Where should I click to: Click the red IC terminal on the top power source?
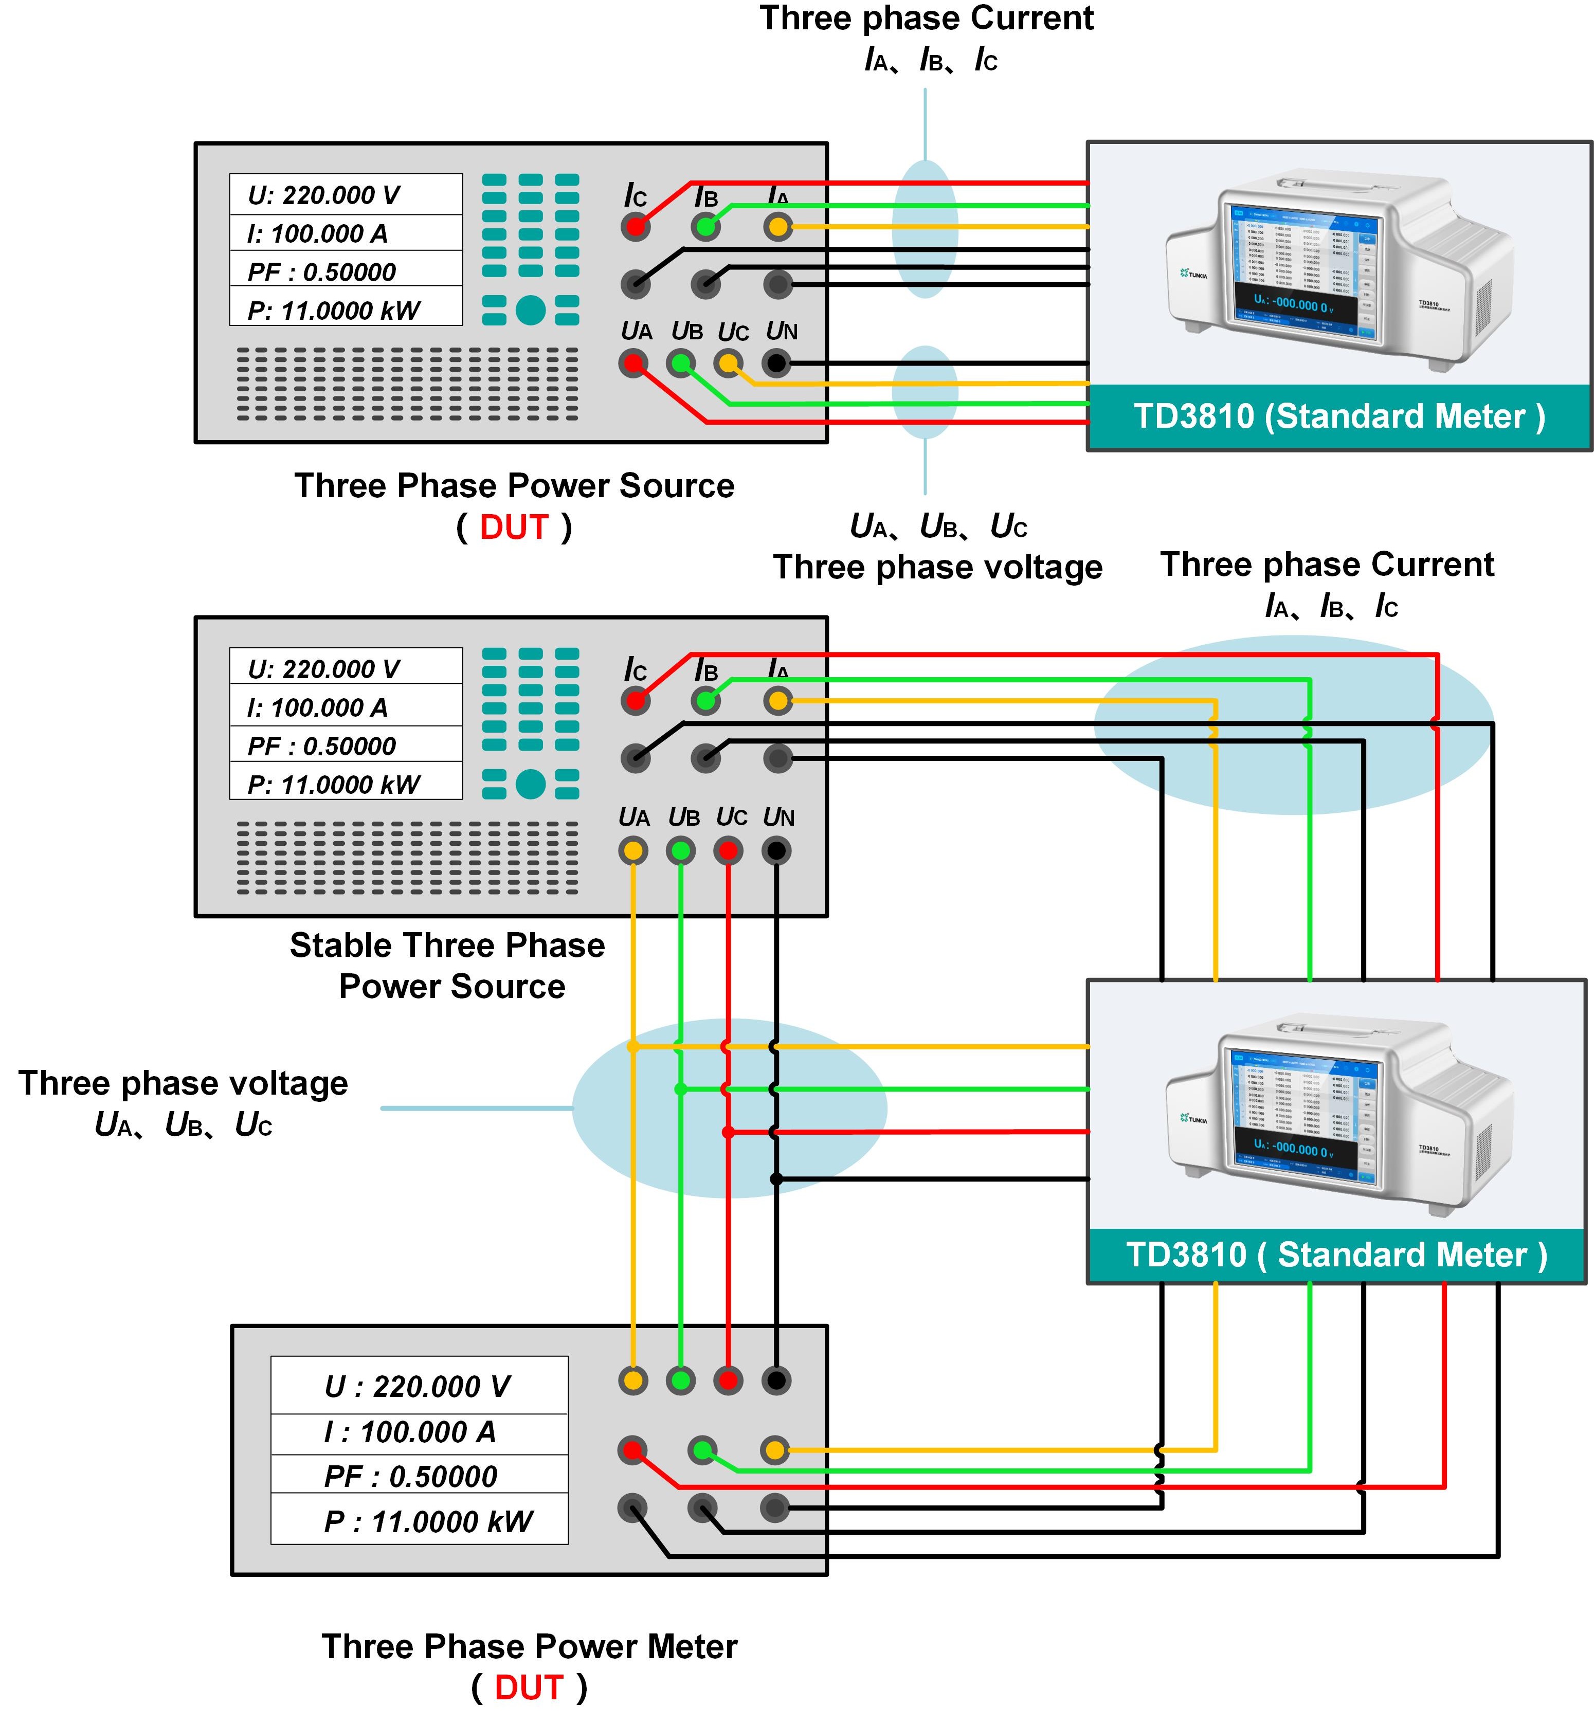(x=636, y=227)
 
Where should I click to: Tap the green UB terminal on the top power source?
(x=681, y=363)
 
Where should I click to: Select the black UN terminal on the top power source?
(x=776, y=363)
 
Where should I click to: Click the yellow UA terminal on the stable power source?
(x=633, y=850)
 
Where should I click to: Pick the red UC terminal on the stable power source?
(x=729, y=850)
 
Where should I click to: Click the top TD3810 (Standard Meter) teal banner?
(x=1338, y=416)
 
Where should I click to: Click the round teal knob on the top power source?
(x=531, y=310)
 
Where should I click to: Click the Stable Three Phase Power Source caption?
(x=448, y=965)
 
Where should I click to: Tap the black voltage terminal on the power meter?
(x=776, y=1380)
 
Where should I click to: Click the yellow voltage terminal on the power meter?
(x=633, y=1380)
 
